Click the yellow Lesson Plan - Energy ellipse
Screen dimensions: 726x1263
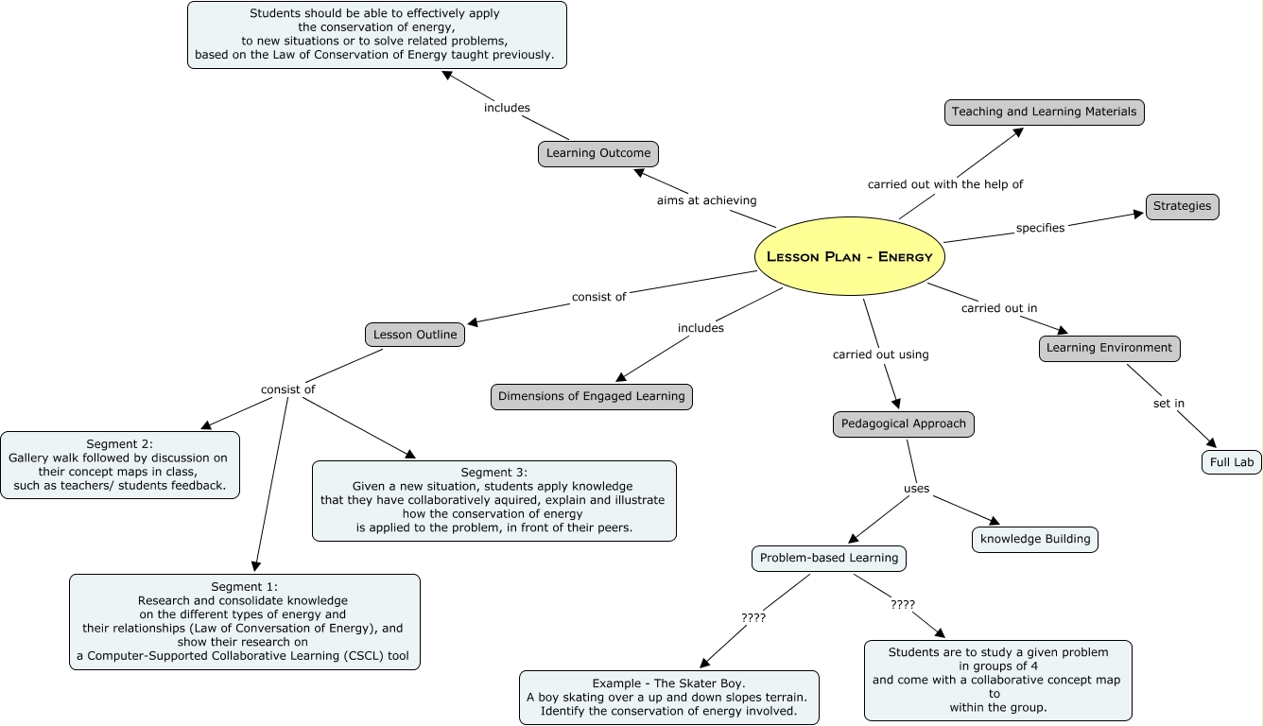coord(849,256)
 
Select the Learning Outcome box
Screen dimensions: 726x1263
coord(598,153)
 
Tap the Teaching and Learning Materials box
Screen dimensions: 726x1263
coord(1044,112)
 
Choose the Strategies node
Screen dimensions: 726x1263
coord(1182,206)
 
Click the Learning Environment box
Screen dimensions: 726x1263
coord(1109,348)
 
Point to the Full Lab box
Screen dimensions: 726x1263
coord(1231,462)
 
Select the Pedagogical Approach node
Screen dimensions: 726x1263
coord(903,423)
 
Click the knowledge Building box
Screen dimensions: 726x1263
coord(1035,539)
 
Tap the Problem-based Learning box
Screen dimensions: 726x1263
coord(828,558)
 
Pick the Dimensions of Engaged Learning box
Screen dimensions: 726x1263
coord(591,396)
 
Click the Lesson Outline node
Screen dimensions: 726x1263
coord(415,334)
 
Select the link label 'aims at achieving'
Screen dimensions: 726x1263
coord(706,200)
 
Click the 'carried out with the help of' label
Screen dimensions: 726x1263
coord(944,184)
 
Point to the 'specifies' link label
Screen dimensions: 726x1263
coord(1040,228)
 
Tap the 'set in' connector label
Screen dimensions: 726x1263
coord(1168,404)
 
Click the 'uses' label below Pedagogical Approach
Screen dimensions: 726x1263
coord(916,489)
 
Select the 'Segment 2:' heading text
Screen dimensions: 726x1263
coord(119,443)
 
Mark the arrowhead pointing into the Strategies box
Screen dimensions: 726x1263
coord(1139,214)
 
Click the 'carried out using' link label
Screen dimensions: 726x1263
coord(880,354)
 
